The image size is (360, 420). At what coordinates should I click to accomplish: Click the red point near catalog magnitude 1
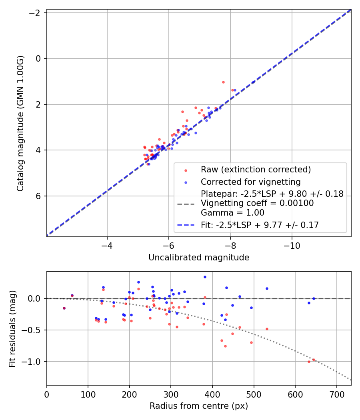[223, 82]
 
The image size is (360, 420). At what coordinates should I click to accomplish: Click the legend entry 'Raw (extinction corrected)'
[256, 170]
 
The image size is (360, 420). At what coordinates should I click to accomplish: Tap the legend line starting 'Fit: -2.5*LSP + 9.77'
[260, 225]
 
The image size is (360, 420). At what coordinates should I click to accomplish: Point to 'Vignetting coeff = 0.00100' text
[257, 203]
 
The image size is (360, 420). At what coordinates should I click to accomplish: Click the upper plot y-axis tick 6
[39, 196]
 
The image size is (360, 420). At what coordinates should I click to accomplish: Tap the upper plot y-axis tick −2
[37, 13]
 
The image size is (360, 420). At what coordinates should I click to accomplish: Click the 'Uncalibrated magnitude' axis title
[199, 258]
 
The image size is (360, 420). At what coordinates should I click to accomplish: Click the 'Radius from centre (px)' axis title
[199, 406]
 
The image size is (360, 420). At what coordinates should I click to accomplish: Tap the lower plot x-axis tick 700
[336, 393]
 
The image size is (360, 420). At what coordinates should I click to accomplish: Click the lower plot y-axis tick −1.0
[34, 362]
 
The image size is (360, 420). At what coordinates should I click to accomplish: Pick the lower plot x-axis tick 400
[212, 393]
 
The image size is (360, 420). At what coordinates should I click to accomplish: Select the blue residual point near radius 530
[267, 288]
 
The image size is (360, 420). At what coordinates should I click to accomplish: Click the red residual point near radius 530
[267, 329]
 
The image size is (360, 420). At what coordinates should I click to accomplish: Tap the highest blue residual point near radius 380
[205, 277]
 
